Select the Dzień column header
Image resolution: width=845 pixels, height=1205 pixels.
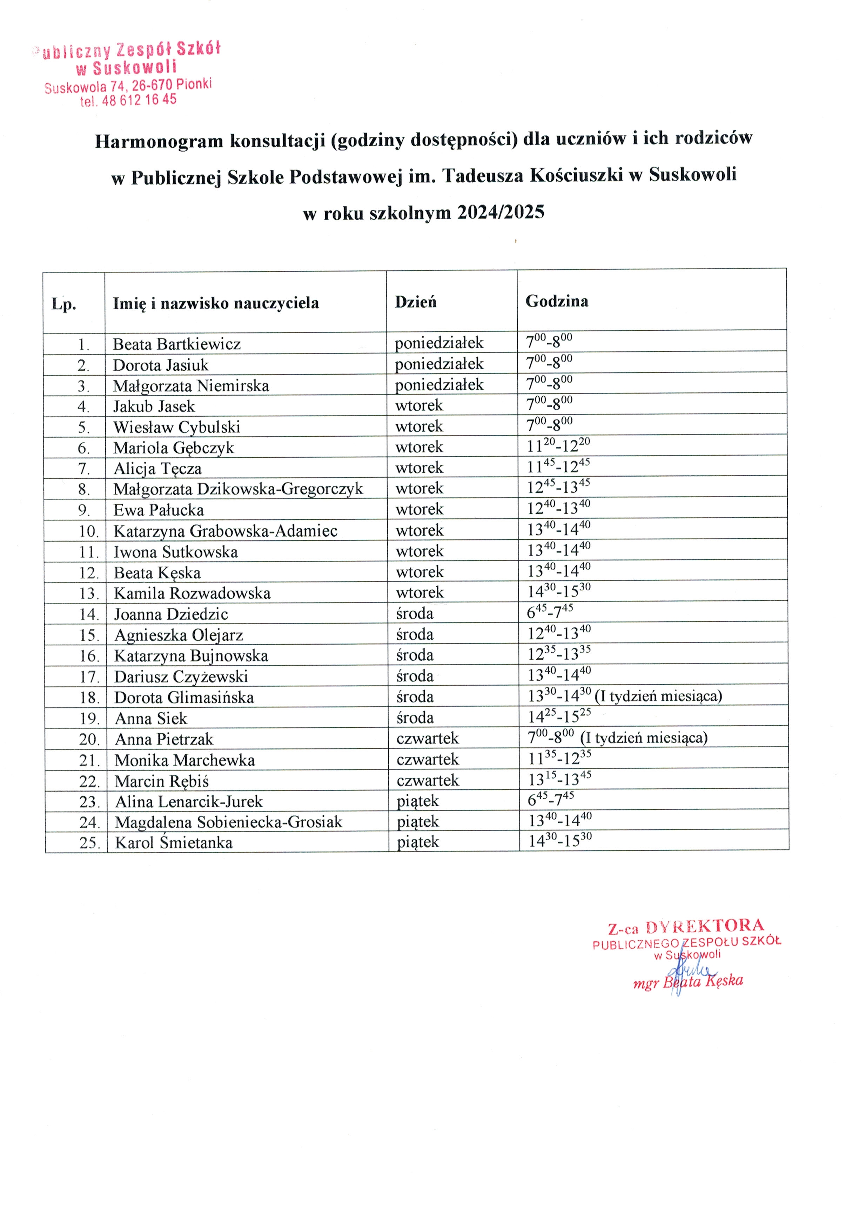click(x=415, y=302)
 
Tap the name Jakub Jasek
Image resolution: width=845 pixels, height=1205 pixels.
click(x=154, y=406)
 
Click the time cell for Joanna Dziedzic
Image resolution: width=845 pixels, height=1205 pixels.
click(x=550, y=612)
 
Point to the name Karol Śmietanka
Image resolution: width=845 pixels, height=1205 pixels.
click(x=174, y=842)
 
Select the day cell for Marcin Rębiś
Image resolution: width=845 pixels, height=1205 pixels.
click(x=427, y=780)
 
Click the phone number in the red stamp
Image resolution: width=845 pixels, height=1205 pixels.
click(x=139, y=100)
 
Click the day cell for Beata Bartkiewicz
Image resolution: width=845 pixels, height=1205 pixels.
click(x=439, y=343)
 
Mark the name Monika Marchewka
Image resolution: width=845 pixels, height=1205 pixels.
click(x=185, y=760)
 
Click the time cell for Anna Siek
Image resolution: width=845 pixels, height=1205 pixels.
click(x=559, y=716)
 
